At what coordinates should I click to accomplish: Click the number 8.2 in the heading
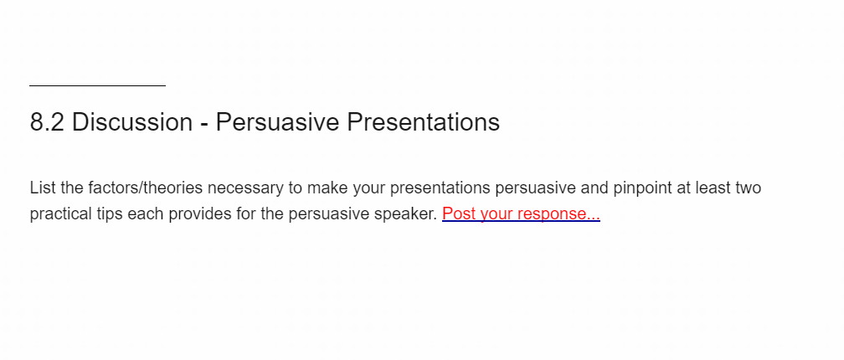coord(48,123)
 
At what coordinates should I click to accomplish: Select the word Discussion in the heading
coord(132,123)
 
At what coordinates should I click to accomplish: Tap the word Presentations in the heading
coord(423,123)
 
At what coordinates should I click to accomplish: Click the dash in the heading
coord(204,125)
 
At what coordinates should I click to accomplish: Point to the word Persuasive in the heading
coord(277,123)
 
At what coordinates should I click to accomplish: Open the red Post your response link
coord(521,214)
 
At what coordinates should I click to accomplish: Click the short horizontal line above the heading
coord(97,85)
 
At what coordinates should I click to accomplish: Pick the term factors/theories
coord(146,188)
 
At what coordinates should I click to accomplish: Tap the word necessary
coord(244,189)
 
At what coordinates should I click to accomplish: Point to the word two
coord(747,188)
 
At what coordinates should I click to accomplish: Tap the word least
coord(712,188)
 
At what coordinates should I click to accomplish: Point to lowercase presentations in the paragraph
coord(440,189)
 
